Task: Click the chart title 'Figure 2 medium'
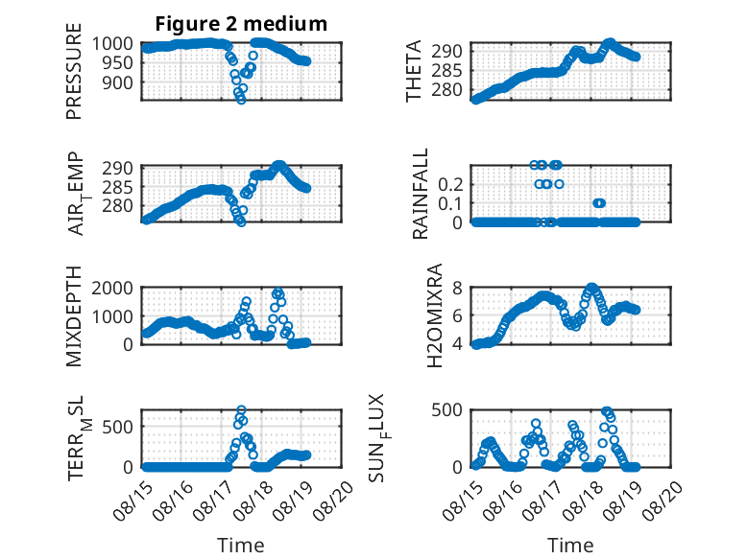pos(241,24)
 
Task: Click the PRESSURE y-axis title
pos(74,71)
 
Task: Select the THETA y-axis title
pos(414,71)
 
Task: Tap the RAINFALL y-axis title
pos(421,193)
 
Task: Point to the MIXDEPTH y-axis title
pos(74,315)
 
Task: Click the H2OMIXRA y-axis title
pos(435,315)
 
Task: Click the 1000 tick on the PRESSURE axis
pos(112,44)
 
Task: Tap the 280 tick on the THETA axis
pos(447,90)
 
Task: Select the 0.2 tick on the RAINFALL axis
pos(450,185)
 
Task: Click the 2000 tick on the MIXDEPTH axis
pos(112,288)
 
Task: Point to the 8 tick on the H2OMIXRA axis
pos(458,288)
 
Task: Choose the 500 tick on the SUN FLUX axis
pos(447,410)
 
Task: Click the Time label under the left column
pos(241,545)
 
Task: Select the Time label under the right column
pos(570,545)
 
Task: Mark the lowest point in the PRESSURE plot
pos(242,100)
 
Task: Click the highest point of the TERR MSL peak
pos(242,409)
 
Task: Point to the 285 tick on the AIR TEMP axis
pos(118,187)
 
